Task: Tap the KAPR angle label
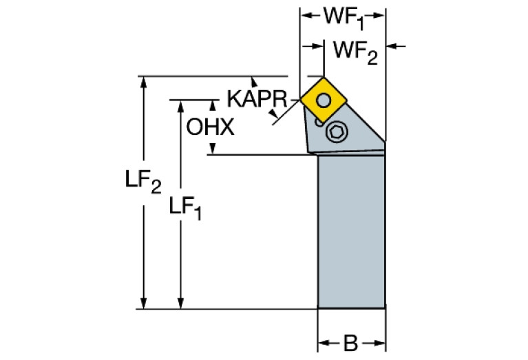255,100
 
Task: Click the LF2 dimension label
143,182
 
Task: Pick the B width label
350,342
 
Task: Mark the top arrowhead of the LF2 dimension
143,82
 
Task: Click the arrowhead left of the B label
323,342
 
